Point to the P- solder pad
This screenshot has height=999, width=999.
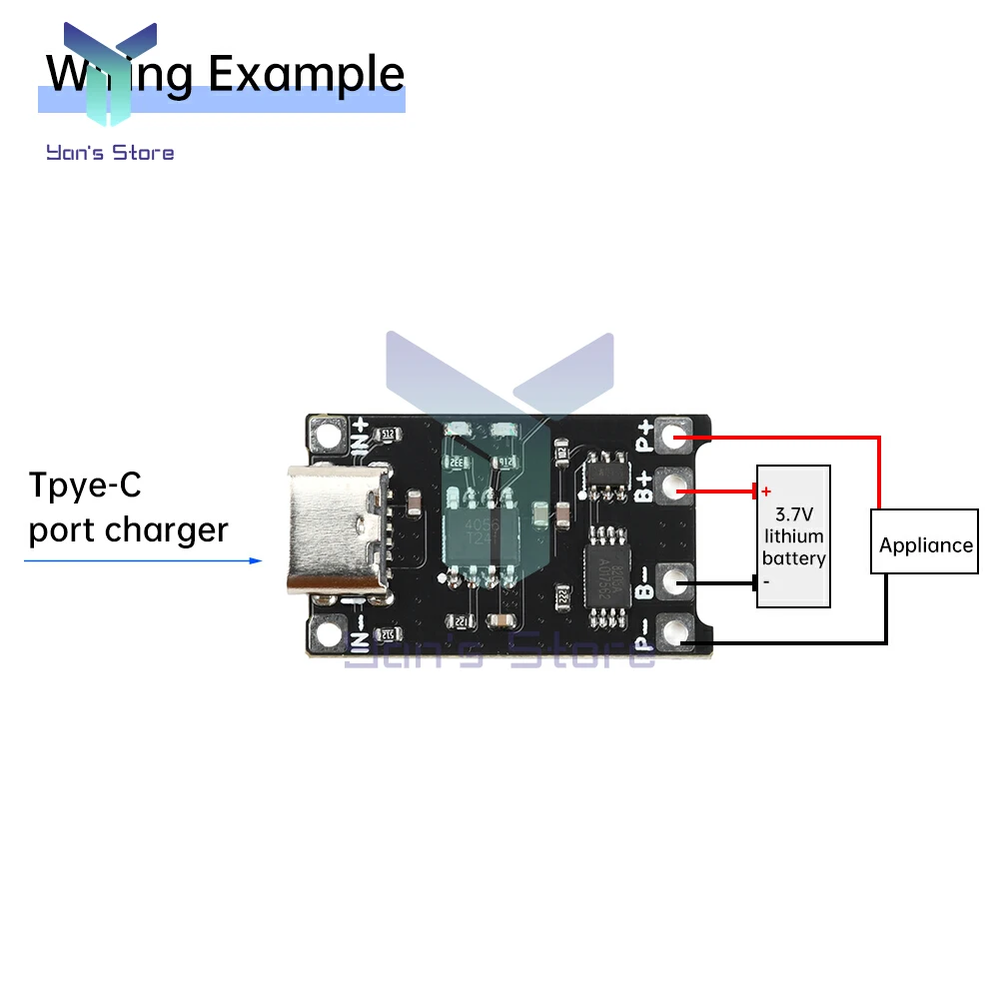(x=679, y=631)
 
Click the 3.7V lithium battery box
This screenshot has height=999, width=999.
(x=793, y=535)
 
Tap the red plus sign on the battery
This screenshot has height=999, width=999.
(x=766, y=492)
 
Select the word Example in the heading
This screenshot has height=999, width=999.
(x=307, y=75)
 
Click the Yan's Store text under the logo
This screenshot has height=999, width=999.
(x=110, y=153)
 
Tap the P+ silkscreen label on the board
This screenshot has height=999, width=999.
(x=646, y=436)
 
